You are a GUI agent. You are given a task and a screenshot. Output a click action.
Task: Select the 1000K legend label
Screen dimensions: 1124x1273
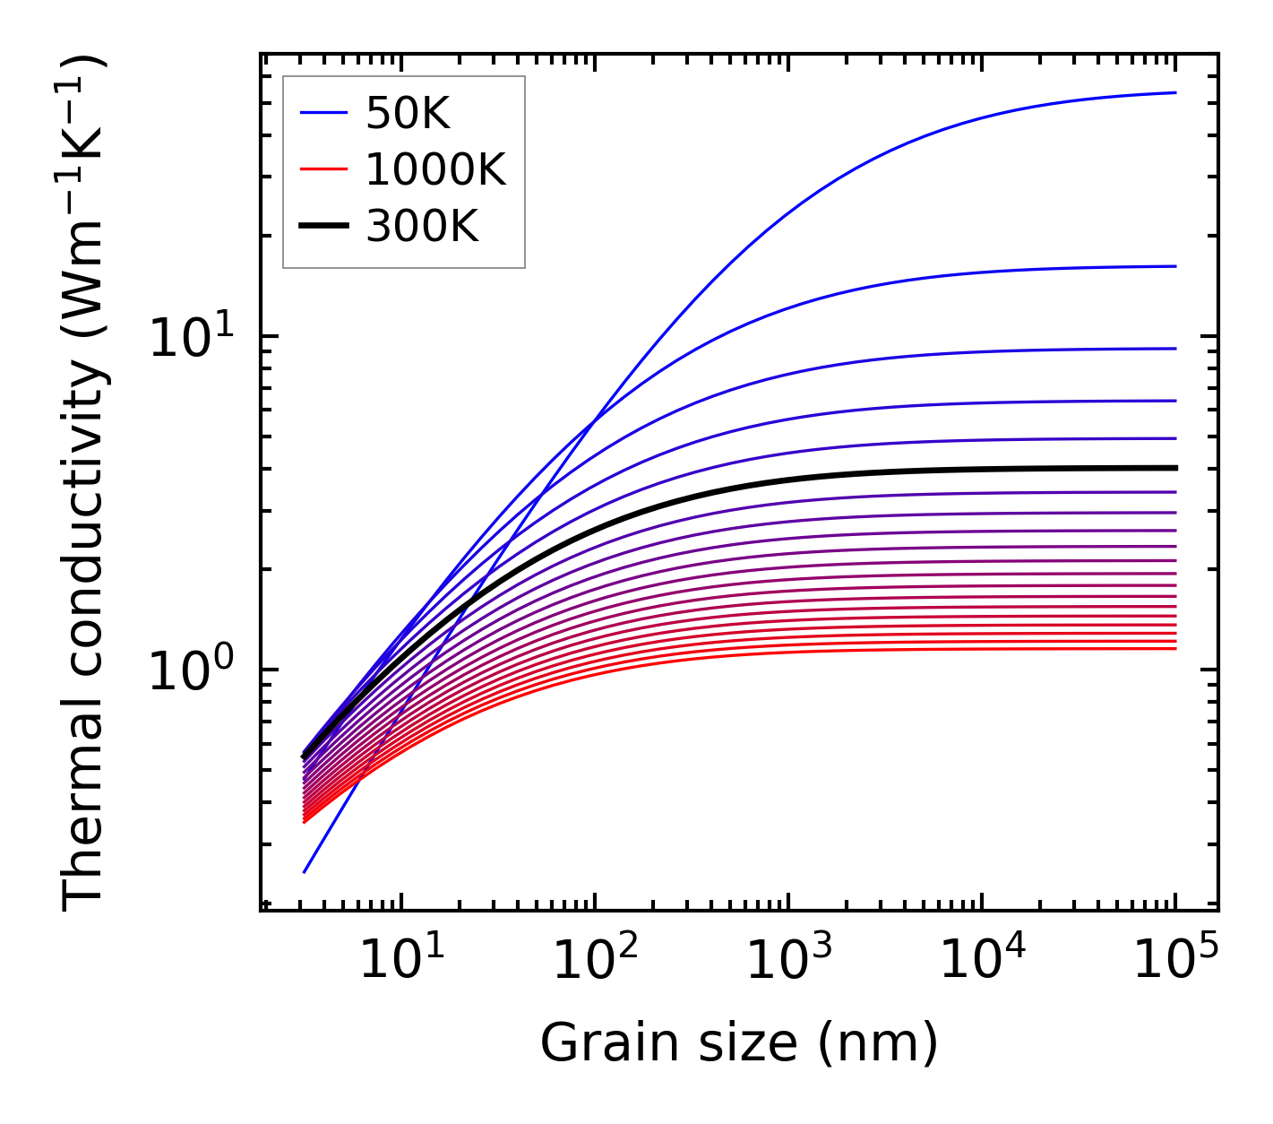435,169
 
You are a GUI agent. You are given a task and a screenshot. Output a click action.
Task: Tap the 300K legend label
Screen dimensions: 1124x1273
422,227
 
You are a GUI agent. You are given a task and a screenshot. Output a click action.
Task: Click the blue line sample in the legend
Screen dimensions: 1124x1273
323,113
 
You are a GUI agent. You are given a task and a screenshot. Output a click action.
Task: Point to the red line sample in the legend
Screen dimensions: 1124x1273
323,169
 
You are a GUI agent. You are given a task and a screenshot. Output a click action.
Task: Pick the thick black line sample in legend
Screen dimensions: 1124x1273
323,227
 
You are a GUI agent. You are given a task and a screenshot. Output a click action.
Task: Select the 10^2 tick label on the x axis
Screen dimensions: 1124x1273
595,960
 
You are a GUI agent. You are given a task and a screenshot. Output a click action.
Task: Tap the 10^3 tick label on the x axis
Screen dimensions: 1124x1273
788,960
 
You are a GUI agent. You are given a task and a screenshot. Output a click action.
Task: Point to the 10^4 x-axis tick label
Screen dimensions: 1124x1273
982,960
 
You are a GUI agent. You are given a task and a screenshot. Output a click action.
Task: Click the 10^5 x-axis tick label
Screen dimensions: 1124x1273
1175,960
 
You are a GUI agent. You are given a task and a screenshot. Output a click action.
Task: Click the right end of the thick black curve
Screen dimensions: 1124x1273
1174,468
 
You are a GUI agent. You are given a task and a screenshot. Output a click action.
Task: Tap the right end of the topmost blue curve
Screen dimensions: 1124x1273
1174,92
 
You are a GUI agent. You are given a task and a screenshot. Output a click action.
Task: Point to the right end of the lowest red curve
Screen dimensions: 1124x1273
1174,649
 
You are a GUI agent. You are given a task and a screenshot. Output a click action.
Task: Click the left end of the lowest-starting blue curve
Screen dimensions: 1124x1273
305,871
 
